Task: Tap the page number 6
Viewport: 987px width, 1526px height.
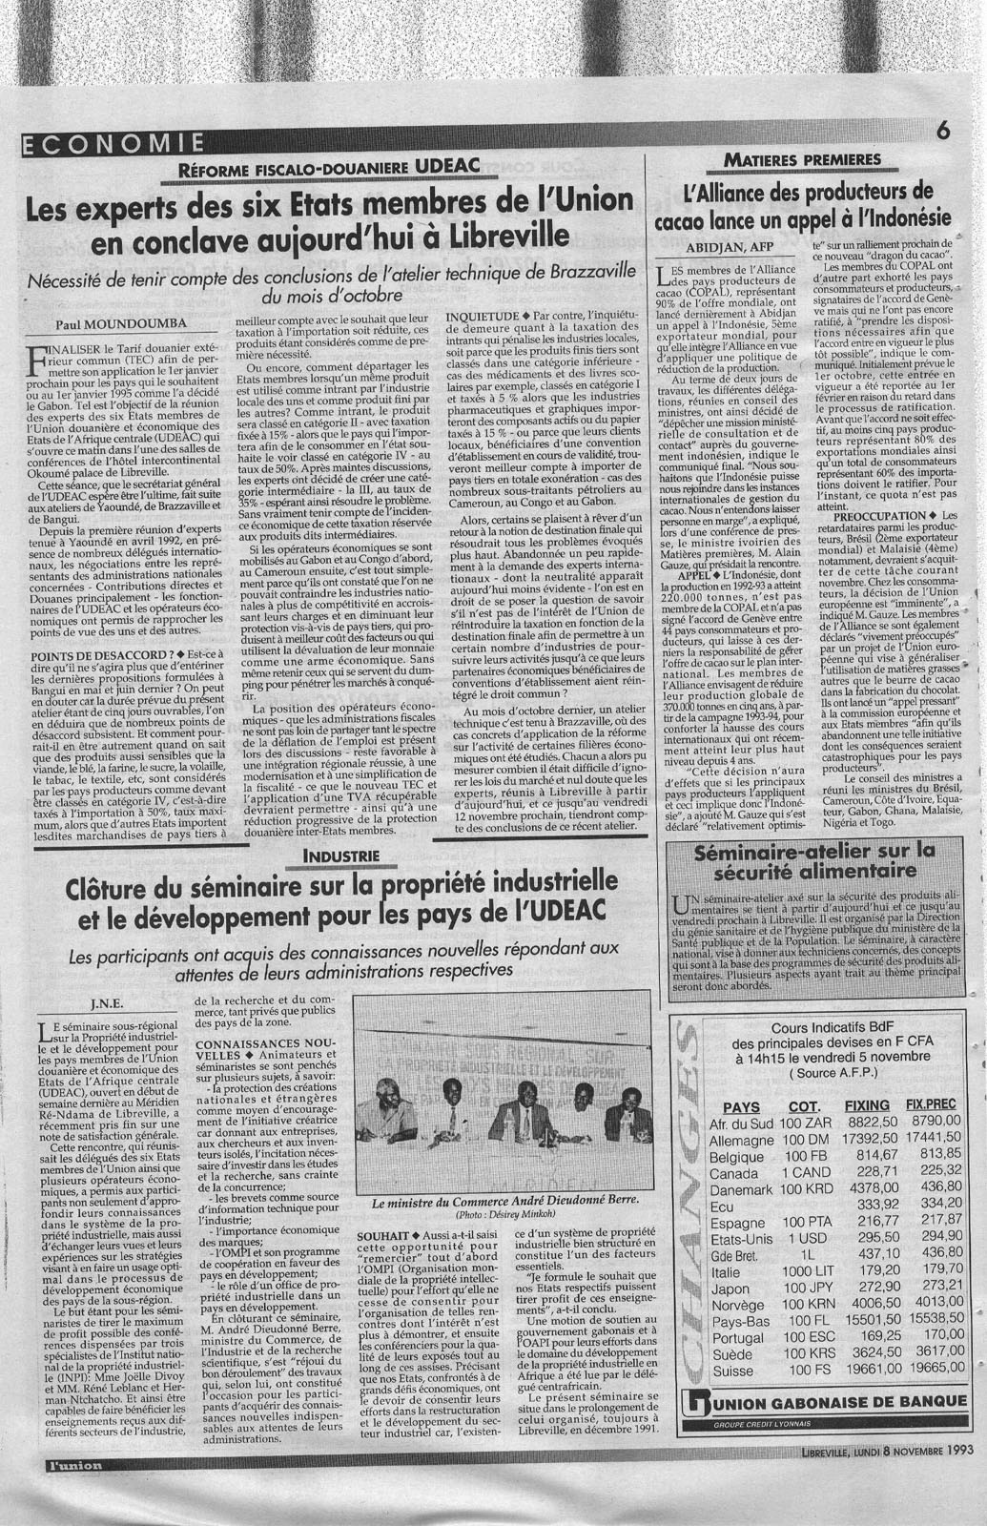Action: (x=945, y=132)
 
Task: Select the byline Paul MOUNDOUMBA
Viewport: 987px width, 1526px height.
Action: (x=128, y=323)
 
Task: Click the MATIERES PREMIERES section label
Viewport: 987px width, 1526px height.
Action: (x=802, y=158)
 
